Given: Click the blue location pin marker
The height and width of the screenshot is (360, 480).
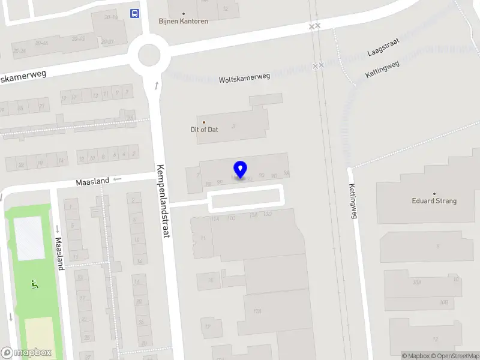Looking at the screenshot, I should [241, 169].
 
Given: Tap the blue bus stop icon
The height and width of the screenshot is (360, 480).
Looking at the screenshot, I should [135, 13].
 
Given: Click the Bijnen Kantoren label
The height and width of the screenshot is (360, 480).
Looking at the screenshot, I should [183, 21].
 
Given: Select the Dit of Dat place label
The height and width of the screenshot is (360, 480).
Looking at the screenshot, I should [204, 129].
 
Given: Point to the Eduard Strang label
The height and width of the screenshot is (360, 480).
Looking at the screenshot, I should [434, 201].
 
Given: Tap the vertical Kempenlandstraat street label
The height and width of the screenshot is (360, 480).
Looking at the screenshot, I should [163, 201].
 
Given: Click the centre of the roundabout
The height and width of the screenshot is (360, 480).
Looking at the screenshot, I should [149, 55].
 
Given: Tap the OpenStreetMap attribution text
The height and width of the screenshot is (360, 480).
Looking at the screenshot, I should [458, 356].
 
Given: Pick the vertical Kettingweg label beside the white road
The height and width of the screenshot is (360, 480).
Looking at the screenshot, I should [353, 201].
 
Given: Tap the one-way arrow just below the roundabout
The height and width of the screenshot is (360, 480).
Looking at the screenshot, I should [157, 85].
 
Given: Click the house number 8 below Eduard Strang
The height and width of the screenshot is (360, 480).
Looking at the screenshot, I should [438, 246].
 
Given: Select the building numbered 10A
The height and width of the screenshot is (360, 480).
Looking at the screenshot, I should [416, 282].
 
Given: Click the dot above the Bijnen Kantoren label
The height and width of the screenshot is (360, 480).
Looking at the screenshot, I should [183, 13].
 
